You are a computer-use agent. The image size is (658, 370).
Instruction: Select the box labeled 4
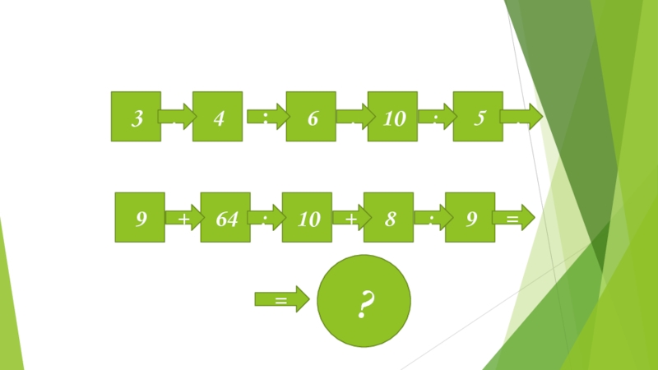point(218,117)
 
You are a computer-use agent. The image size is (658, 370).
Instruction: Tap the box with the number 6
point(311,117)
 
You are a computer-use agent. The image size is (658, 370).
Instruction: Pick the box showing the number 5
point(478,117)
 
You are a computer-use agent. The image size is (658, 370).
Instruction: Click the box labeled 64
point(225,218)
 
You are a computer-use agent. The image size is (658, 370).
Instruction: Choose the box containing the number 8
point(388,218)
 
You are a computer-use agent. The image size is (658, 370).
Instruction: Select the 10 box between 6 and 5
point(393,117)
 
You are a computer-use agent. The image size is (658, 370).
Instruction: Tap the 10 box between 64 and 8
point(307,218)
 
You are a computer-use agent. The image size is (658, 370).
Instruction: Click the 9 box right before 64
point(141,218)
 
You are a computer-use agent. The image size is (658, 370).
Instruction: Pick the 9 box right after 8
point(470,218)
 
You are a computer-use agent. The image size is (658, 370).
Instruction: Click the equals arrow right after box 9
point(514,219)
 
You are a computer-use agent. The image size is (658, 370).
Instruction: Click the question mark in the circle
point(364,303)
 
